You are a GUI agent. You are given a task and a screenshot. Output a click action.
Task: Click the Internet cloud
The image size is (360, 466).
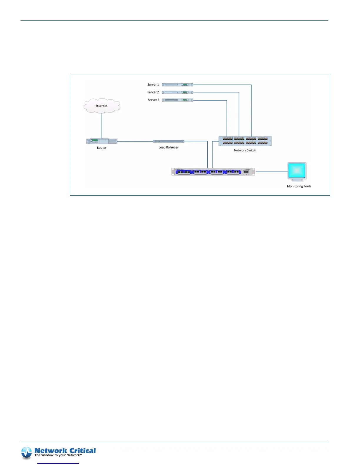[x=102, y=106]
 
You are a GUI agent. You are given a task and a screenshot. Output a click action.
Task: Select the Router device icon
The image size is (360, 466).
[x=102, y=141]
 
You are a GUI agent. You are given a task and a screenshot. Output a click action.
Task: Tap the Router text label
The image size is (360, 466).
[x=102, y=148]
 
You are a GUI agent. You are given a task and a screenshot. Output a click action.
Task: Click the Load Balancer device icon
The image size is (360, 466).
[x=169, y=141]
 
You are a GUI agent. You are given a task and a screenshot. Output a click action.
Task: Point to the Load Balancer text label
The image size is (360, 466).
[x=169, y=147]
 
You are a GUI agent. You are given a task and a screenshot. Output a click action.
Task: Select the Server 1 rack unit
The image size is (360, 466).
[x=177, y=85]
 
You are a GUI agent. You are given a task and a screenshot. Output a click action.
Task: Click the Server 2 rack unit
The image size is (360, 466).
[x=177, y=92]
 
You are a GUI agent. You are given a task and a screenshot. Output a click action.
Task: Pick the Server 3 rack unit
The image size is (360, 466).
[x=177, y=100]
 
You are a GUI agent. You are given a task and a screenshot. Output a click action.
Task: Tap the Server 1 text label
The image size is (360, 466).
[x=153, y=85]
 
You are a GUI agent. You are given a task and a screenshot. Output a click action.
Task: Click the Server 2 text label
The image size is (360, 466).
[x=153, y=92]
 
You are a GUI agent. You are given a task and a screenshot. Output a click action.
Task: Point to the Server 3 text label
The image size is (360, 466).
[x=154, y=100]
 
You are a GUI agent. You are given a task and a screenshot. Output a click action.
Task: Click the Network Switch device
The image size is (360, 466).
[x=245, y=141]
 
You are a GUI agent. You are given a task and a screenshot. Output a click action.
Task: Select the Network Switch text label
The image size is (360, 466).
[x=245, y=150]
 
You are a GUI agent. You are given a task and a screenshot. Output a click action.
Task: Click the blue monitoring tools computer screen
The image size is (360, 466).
[x=297, y=171]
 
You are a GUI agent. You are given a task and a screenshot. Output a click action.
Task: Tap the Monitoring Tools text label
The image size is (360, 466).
[x=299, y=186]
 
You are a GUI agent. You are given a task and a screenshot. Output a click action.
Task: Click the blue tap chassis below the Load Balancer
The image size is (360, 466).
[x=213, y=172]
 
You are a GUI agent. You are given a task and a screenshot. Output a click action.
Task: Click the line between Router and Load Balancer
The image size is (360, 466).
[x=135, y=142]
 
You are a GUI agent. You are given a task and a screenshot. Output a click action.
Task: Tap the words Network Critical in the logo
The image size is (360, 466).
[x=65, y=451]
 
